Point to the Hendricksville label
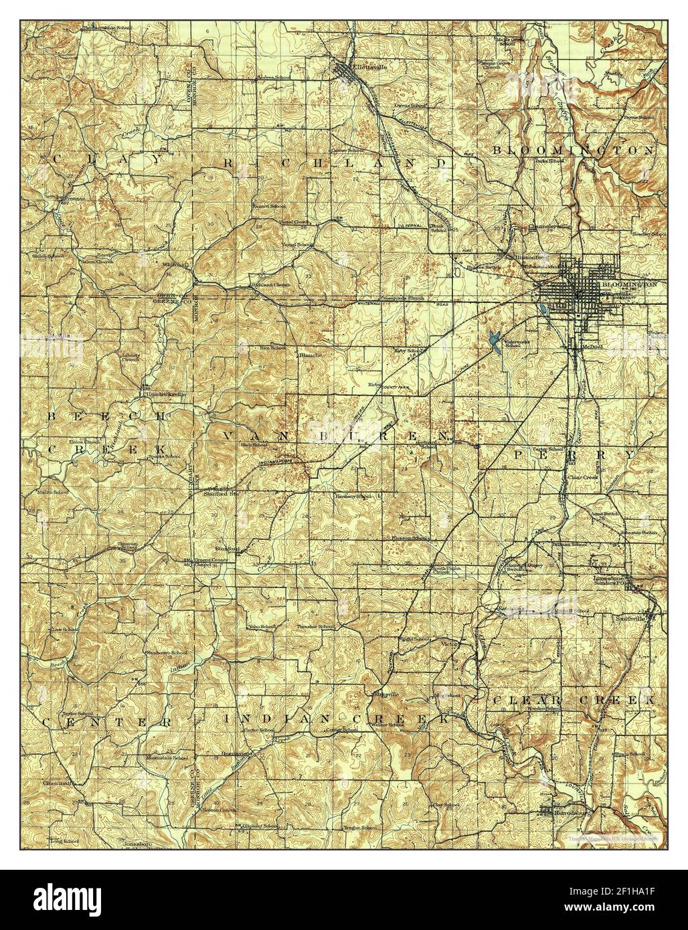(162, 395)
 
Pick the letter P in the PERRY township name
(519, 454)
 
